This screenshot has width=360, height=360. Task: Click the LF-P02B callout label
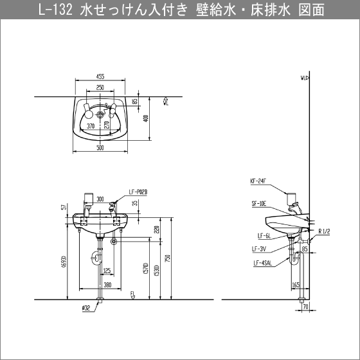coord(138,192)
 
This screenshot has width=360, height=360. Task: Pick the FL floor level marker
coord(133,296)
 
